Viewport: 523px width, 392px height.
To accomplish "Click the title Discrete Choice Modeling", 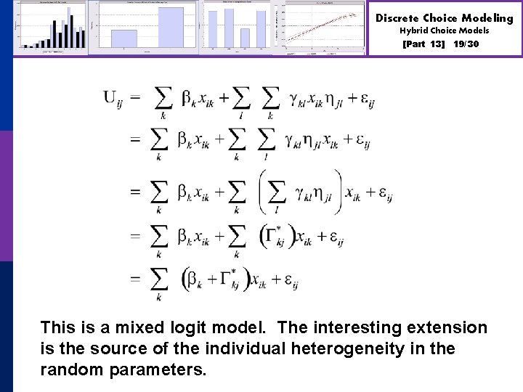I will click(x=444, y=17).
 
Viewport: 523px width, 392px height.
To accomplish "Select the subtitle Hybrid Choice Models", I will click(x=444, y=30).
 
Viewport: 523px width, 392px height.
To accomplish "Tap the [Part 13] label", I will click(x=423, y=44).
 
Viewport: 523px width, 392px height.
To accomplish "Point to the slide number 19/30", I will click(x=466, y=44).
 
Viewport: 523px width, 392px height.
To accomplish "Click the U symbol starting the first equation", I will click(x=112, y=97).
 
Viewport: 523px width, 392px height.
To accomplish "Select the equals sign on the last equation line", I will click(x=135, y=279).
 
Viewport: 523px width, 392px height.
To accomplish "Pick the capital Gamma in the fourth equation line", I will click(x=273, y=235).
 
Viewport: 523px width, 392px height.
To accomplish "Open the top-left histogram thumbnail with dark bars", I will click(x=50, y=27).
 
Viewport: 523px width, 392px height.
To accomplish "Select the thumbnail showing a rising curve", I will click(x=324, y=27).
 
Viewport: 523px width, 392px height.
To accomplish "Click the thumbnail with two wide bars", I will click(x=147, y=27).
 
